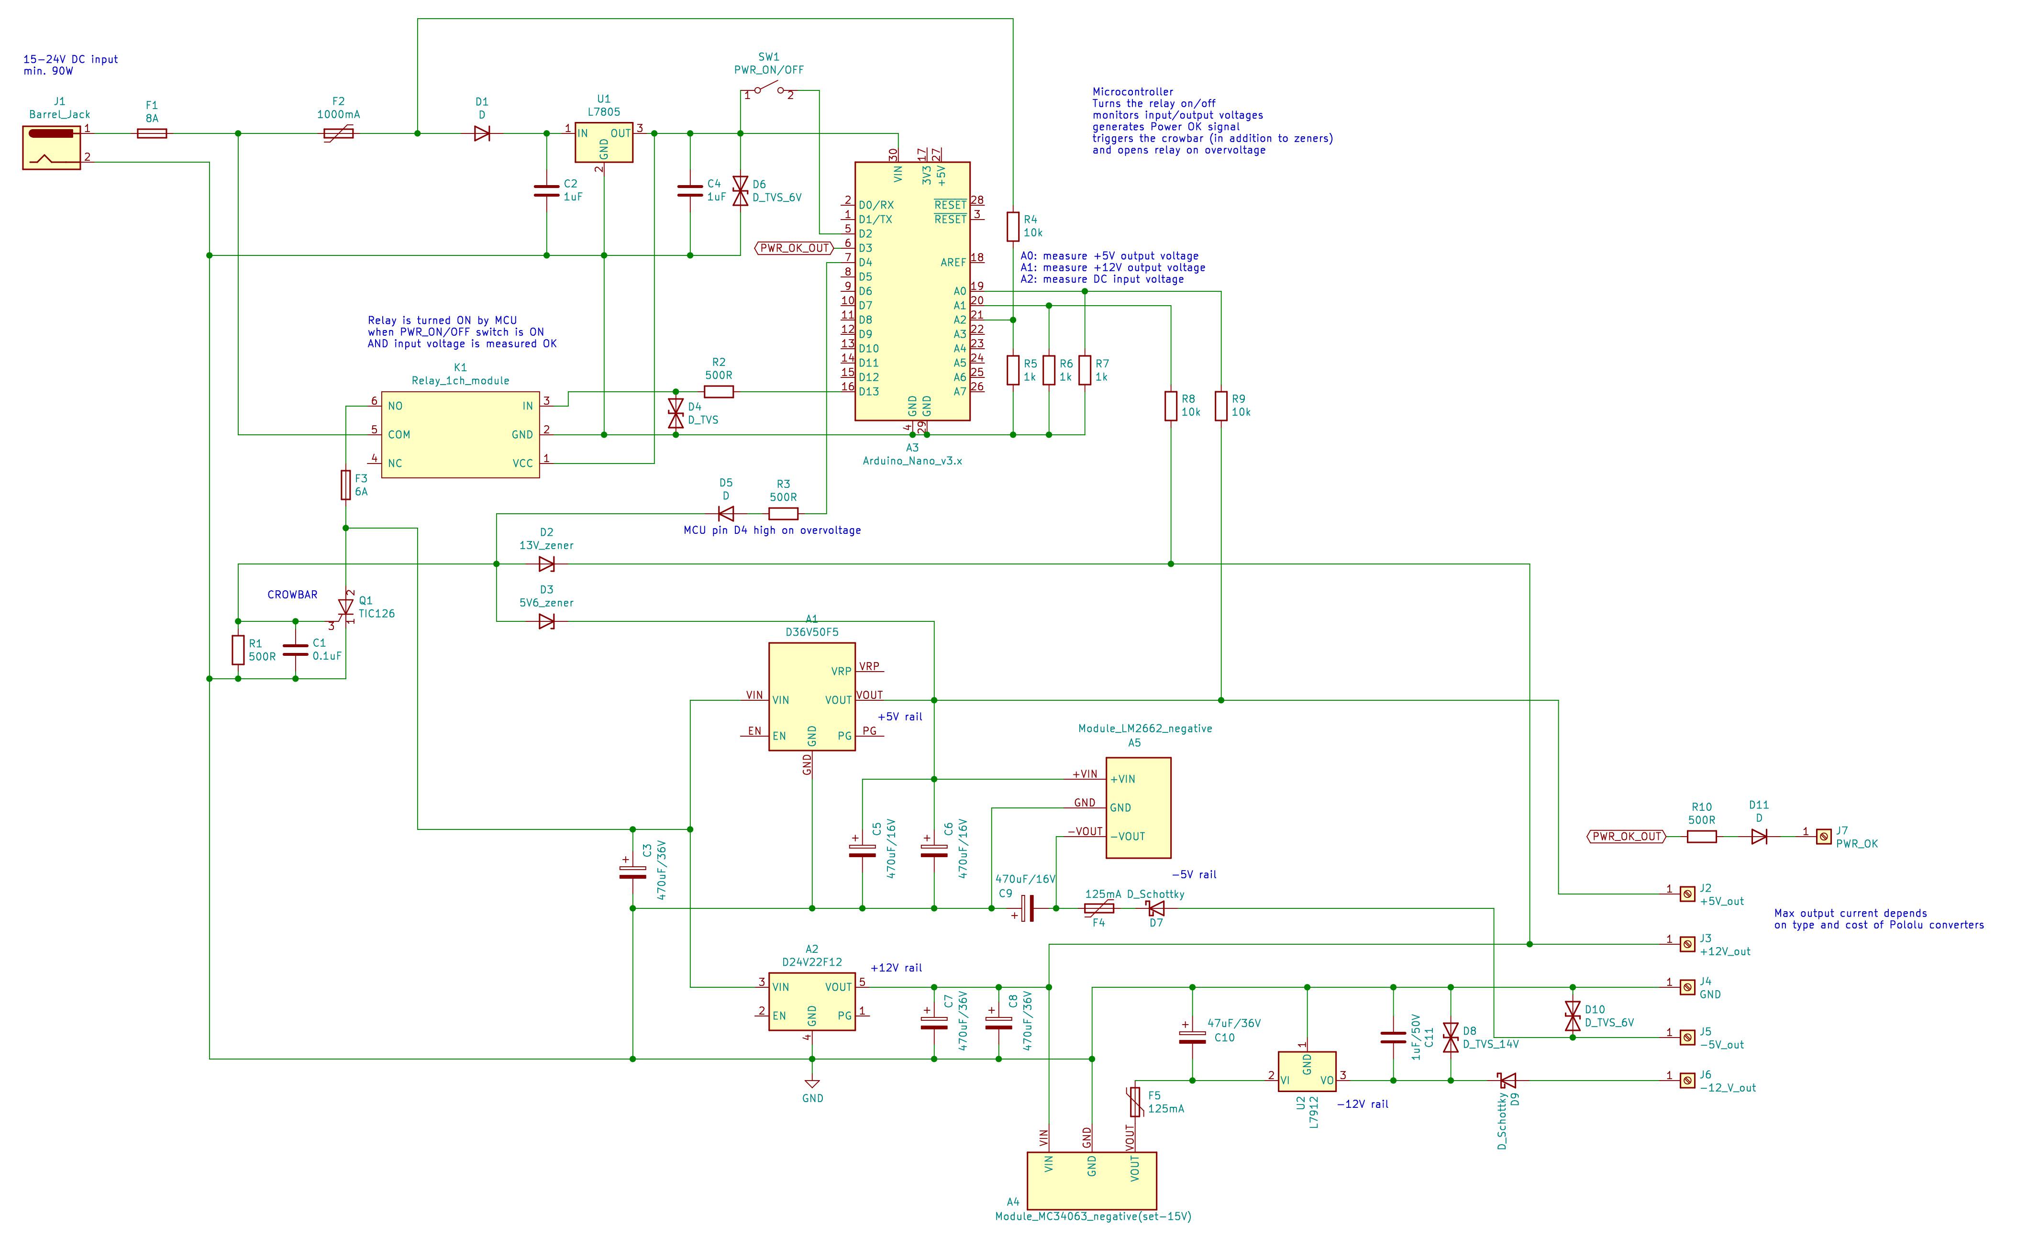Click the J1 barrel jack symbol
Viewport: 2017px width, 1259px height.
click(x=52, y=147)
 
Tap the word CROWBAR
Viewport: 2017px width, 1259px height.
click(x=292, y=595)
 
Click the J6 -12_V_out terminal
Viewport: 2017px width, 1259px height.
click(x=1686, y=1081)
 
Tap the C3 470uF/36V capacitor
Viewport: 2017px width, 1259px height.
click(x=633, y=872)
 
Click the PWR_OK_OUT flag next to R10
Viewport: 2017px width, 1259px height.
click(x=1627, y=837)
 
